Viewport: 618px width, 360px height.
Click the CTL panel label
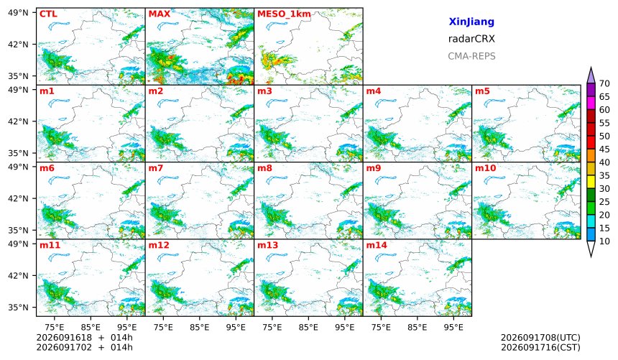(x=48, y=14)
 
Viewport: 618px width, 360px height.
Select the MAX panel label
(x=160, y=14)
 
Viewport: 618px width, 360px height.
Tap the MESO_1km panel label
(x=284, y=14)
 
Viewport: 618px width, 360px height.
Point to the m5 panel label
(x=482, y=91)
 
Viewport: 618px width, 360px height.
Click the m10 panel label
(x=485, y=168)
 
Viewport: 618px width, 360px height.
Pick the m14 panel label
(x=377, y=245)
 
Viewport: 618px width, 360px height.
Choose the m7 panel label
(x=156, y=168)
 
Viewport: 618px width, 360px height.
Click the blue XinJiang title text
(x=471, y=22)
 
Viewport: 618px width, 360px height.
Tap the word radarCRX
(x=471, y=39)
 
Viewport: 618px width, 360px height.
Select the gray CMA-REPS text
(x=471, y=56)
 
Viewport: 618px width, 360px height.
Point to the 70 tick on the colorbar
(x=604, y=83)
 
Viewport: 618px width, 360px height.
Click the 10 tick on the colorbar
(x=604, y=241)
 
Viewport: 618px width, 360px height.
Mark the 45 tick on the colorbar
(x=604, y=149)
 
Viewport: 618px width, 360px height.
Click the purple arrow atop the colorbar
(x=591, y=75)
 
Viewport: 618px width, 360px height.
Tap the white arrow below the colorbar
(x=591, y=249)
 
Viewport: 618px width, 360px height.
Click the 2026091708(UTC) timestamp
(x=540, y=338)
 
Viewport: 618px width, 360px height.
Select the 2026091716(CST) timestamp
(x=540, y=348)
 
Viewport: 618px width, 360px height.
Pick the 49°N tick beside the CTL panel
(x=18, y=13)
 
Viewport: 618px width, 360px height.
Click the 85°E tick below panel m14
(x=417, y=327)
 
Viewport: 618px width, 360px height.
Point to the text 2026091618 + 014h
(x=84, y=338)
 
